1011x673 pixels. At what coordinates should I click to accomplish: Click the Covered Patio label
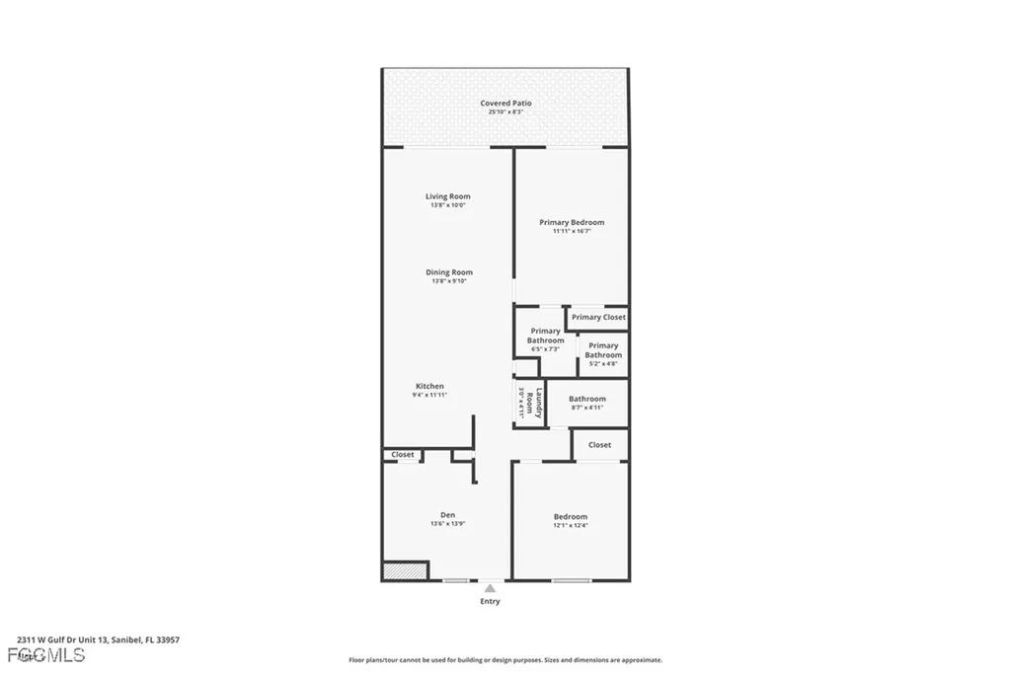pos(505,103)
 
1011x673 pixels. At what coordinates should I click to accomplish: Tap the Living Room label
pos(447,196)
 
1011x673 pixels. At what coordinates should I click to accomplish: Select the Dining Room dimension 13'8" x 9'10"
pos(449,281)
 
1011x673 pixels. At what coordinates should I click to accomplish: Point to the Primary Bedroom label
pos(572,222)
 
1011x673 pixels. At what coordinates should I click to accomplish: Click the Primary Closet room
pos(598,317)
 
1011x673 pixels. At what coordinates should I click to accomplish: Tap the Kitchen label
pos(429,386)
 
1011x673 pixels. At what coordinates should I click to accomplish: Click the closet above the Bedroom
pos(599,445)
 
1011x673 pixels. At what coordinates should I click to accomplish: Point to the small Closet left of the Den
pos(403,455)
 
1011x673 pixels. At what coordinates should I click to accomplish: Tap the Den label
pos(447,515)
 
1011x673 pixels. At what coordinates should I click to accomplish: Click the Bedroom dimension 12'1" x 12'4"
pos(571,526)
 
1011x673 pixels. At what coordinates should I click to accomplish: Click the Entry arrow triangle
pos(490,588)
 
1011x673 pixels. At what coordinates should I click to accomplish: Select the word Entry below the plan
pos(490,601)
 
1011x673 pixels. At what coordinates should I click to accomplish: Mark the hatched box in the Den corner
pos(405,570)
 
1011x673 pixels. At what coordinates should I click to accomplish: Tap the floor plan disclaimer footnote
pos(505,660)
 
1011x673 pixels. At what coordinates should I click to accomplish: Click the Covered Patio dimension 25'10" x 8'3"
pos(505,112)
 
